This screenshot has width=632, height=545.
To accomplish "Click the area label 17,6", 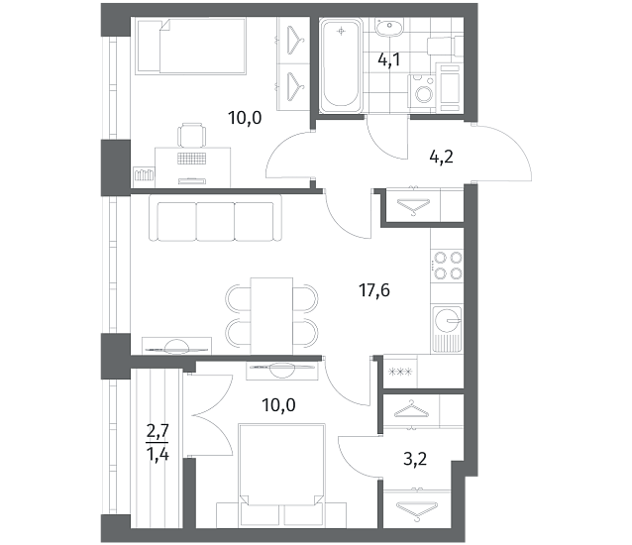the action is [x=374, y=290].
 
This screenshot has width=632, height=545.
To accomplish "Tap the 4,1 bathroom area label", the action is [x=389, y=60].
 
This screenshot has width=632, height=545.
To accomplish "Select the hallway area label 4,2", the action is [x=442, y=157].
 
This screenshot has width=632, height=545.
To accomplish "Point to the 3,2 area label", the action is [x=415, y=459].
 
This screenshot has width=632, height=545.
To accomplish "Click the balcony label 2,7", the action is [x=158, y=432].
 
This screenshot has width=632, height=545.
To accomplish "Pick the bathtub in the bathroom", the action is [x=341, y=65].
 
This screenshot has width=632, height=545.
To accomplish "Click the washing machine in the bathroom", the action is [x=422, y=91].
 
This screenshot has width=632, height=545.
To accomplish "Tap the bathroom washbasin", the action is [x=389, y=27].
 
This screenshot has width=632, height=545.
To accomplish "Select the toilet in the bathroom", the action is [x=446, y=46].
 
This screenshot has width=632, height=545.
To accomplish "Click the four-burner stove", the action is [x=447, y=265].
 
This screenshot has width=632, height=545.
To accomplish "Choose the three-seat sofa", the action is [x=215, y=218].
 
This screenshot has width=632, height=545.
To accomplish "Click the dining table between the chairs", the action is [x=271, y=316].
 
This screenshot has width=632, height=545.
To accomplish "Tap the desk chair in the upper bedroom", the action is [x=192, y=135].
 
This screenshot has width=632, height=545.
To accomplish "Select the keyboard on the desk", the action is [x=192, y=159].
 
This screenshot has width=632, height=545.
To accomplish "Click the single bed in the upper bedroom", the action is [x=191, y=47].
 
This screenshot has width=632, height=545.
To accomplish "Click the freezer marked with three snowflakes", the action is [x=400, y=372].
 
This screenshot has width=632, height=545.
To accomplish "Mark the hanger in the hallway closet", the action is [x=413, y=206].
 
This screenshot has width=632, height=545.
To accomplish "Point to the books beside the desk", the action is [x=144, y=175].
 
